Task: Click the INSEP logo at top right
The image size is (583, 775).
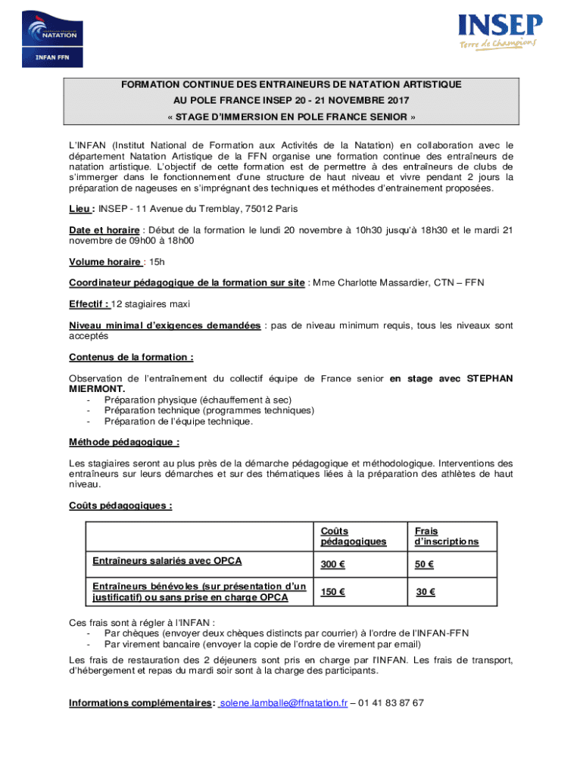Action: click(x=500, y=33)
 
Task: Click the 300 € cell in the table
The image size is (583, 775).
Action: click(x=333, y=565)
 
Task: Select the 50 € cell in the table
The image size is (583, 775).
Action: click(x=424, y=565)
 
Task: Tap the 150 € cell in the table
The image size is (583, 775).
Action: click(x=333, y=593)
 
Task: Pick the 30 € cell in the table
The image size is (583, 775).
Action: click(x=426, y=593)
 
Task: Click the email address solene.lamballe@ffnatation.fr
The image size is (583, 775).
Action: click(x=283, y=703)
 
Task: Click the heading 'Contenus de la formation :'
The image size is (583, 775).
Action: click(x=131, y=357)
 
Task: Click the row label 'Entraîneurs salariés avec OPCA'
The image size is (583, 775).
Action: click(x=167, y=561)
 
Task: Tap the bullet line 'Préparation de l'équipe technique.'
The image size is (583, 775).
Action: click(x=179, y=422)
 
